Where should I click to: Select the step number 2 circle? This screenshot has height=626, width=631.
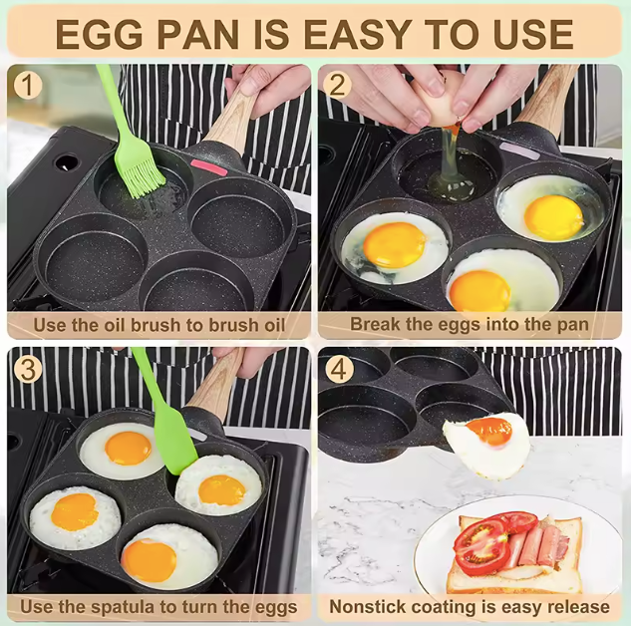pyautogui.click(x=338, y=85)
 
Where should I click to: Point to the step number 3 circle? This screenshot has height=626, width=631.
pyautogui.click(x=27, y=368)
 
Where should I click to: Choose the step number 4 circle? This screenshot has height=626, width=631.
pyautogui.click(x=338, y=368)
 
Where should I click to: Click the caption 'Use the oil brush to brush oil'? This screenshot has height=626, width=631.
pyautogui.click(x=158, y=324)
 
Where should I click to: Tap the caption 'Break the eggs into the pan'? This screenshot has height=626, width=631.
pyautogui.click(x=469, y=324)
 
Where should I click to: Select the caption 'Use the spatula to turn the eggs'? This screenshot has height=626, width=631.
pyautogui.click(x=158, y=606)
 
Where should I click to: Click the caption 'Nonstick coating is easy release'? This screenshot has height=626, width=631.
pyautogui.click(x=469, y=606)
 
